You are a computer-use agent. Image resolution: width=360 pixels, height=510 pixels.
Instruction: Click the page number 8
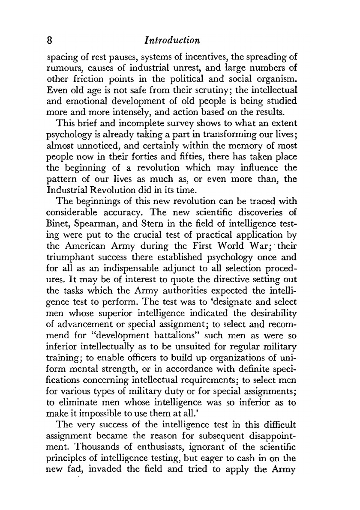pyautogui.click(x=50, y=41)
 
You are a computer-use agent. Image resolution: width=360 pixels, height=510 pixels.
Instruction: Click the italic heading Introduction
pyautogui.click(x=173, y=41)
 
